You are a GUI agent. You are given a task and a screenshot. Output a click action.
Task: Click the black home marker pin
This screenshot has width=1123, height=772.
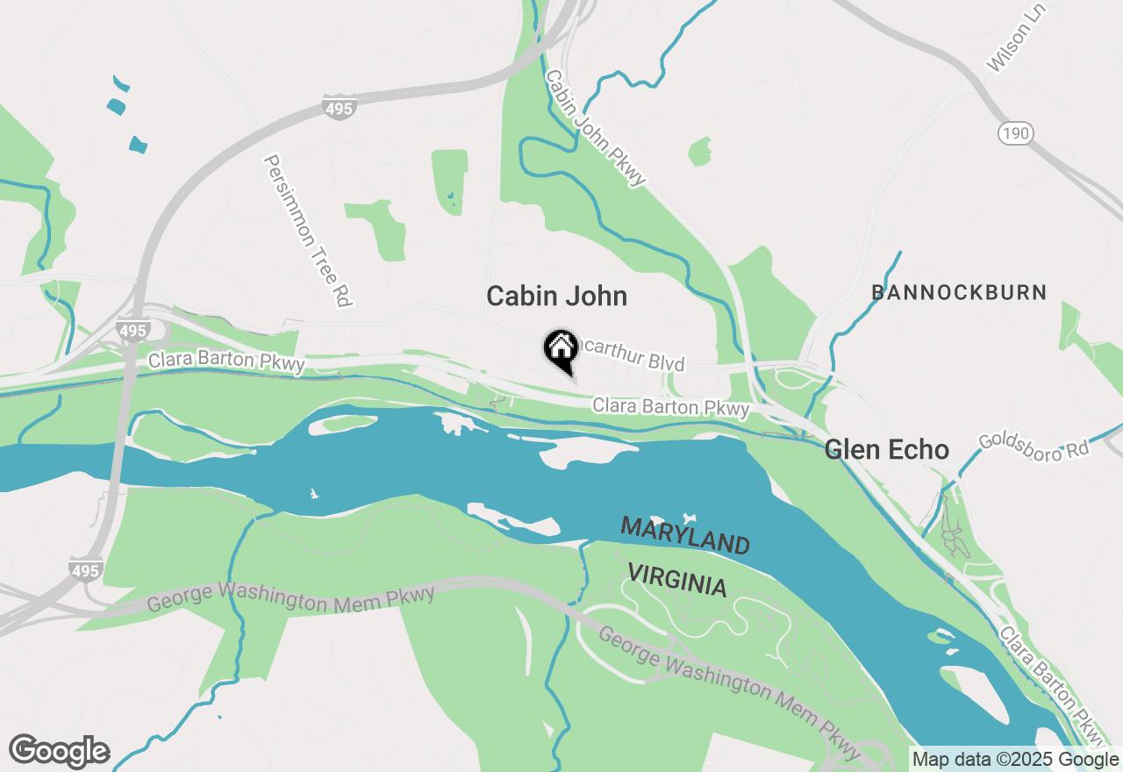point(561,348)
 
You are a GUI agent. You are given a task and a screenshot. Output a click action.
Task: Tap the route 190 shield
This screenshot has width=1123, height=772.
point(1015,133)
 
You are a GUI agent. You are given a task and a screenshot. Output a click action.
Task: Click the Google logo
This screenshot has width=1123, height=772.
point(59,752)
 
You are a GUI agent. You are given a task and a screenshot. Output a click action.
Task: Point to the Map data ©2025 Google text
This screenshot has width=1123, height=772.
point(1015,760)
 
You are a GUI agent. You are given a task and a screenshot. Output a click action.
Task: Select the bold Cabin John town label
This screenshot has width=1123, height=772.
point(556,297)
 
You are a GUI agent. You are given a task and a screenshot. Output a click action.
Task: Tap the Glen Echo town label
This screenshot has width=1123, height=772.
point(886,450)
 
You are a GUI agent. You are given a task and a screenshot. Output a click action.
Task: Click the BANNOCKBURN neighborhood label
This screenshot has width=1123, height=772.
point(959,292)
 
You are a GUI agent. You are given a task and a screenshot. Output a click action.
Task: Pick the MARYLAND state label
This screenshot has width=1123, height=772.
point(685,535)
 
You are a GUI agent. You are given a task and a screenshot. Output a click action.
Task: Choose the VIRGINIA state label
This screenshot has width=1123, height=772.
point(677,581)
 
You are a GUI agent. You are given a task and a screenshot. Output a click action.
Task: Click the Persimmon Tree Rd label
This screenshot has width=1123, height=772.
point(308,231)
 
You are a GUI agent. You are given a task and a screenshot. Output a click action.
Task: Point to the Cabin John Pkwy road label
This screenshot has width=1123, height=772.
point(596,127)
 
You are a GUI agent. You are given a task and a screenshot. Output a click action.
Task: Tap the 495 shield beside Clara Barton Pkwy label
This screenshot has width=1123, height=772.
point(133,330)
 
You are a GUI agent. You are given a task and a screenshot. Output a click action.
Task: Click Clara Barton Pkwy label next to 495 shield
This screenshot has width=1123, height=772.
point(226,361)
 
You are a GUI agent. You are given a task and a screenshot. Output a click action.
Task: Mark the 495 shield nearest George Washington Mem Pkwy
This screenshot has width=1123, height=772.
point(86,571)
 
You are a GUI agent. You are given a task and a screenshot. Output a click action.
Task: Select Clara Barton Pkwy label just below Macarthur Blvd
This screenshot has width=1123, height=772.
point(671,408)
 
